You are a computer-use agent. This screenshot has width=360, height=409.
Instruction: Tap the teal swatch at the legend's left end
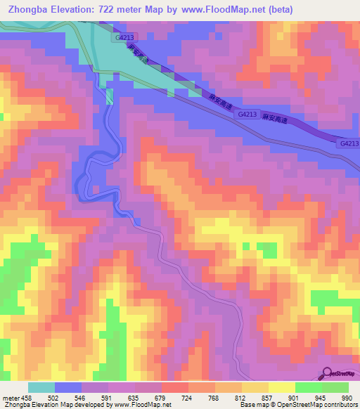[41, 387]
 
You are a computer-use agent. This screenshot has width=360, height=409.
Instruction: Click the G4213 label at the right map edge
[349, 143]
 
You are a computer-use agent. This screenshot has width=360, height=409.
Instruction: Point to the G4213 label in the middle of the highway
[247, 113]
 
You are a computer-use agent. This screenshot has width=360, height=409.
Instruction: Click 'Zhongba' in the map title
[31, 10]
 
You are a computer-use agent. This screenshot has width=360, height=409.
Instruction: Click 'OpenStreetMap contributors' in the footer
[317, 405]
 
